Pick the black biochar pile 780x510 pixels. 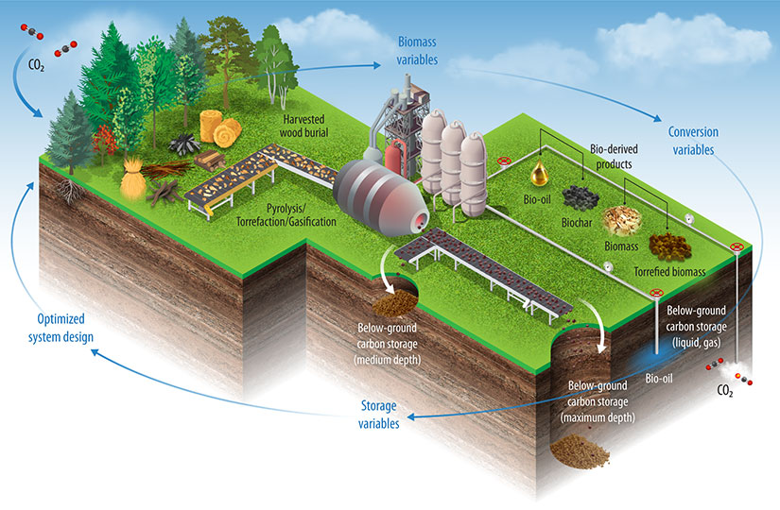click(x=580, y=198)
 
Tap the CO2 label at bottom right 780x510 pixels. click(x=726, y=390)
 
